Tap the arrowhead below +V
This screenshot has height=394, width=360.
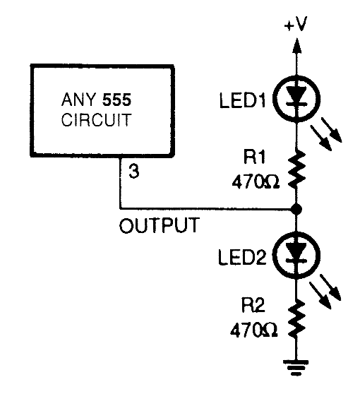[296, 47]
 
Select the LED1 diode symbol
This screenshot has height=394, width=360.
[296, 97]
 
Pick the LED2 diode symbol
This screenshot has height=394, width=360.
[296, 252]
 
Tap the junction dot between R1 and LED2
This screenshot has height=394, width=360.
[296, 209]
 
